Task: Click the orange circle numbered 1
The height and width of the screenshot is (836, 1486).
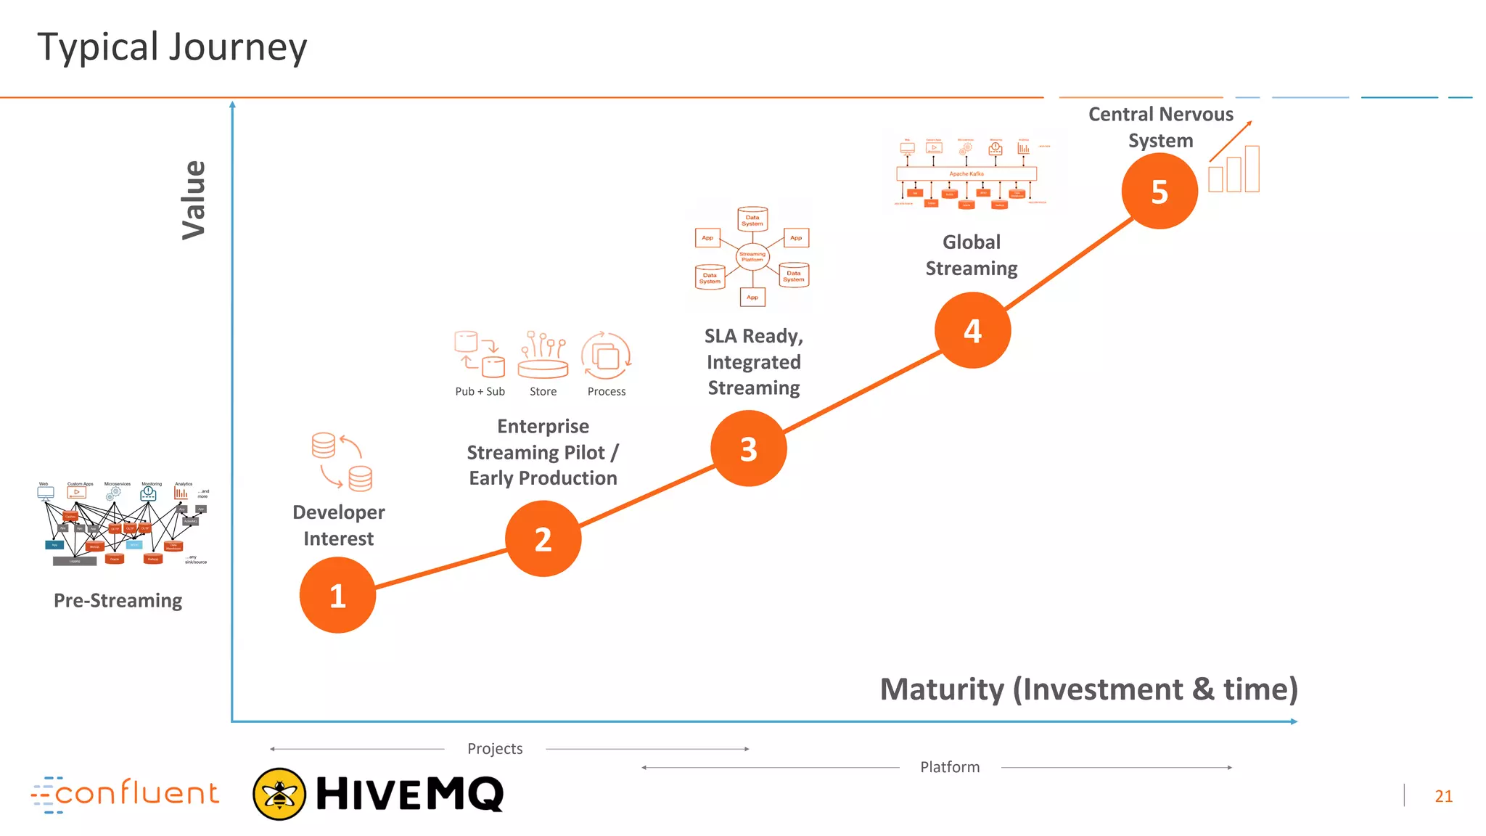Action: (337, 595)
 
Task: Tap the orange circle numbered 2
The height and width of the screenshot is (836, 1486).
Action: (543, 538)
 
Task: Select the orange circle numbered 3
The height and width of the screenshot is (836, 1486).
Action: (748, 448)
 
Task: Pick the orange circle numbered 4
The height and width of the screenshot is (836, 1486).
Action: (972, 330)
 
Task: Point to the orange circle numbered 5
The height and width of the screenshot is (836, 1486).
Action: (1159, 191)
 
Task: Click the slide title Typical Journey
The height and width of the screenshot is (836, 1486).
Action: (172, 47)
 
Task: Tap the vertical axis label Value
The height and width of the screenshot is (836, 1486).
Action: (194, 200)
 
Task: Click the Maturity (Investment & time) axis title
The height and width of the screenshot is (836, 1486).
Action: (1088, 689)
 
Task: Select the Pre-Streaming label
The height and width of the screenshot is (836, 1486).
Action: (118, 600)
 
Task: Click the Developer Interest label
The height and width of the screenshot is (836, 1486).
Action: (339, 525)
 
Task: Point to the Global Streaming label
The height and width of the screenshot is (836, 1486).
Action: (972, 255)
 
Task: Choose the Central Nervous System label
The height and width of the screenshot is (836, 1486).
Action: (1160, 127)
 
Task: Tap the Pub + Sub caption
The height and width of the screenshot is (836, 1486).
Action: (480, 391)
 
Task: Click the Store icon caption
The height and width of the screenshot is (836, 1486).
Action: (543, 391)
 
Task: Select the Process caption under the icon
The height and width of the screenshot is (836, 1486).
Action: (607, 391)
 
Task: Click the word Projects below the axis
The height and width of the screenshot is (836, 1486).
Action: (495, 748)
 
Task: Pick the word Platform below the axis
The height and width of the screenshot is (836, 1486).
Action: (950, 767)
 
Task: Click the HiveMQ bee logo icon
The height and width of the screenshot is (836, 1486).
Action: (279, 794)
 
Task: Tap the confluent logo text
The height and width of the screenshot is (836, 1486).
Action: (136, 793)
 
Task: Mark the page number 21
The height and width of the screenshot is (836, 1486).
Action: (1443, 796)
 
